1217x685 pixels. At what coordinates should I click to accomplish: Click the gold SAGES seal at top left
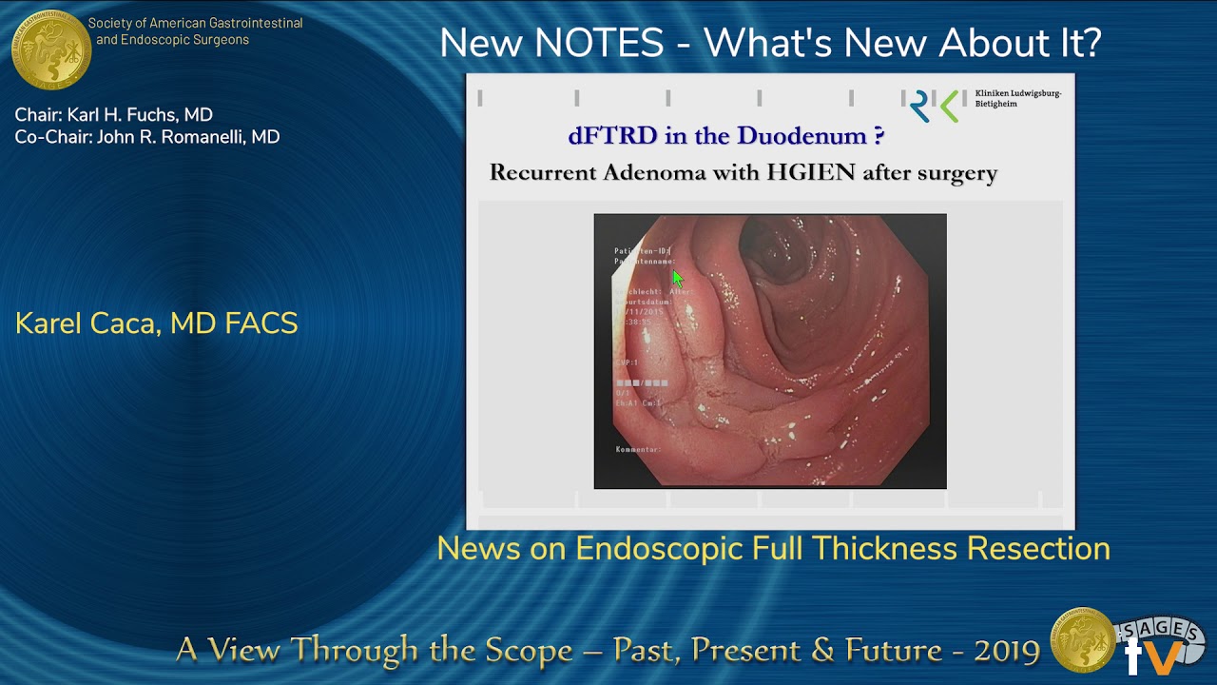(x=50, y=49)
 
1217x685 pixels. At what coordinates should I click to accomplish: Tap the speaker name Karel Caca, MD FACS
(x=157, y=323)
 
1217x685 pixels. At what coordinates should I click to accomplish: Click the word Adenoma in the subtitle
(x=645, y=173)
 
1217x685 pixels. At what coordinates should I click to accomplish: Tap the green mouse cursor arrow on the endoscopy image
(x=677, y=278)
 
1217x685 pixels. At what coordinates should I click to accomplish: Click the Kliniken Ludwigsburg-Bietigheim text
(x=1017, y=98)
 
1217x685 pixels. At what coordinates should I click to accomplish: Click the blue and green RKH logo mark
(x=934, y=106)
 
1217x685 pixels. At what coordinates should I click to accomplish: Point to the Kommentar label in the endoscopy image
(x=638, y=449)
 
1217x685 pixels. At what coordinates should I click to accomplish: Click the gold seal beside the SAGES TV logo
(x=1082, y=639)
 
